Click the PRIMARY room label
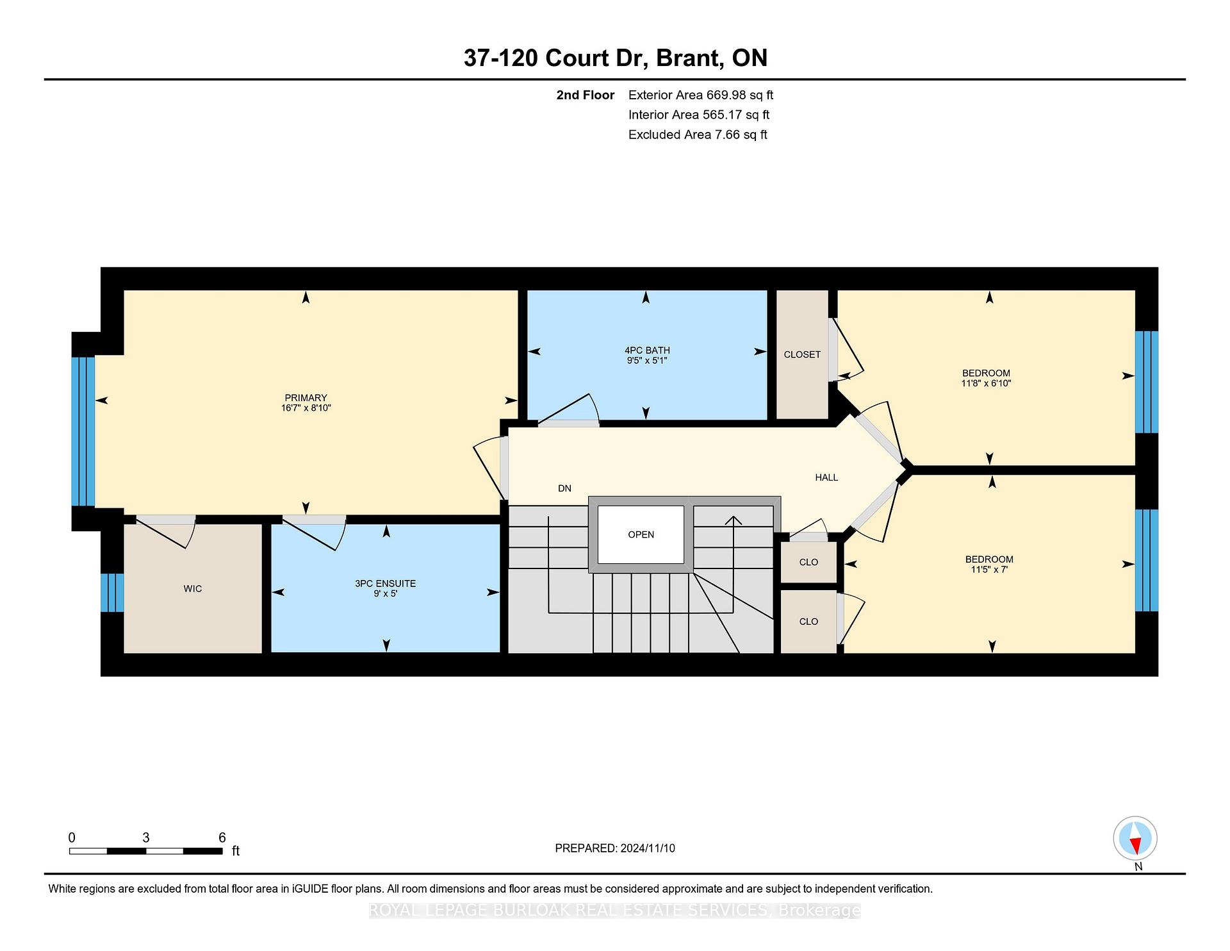click(306, 398)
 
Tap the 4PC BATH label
click(647, 351)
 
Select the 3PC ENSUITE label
click(386, 584)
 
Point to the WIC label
click(193, 589)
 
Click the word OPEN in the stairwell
click(641, 534)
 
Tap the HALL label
click(826, 477)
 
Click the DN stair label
click(564, 488)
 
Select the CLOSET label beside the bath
click(802, 354)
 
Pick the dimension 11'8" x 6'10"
click(986, 384)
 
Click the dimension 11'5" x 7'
click(989, 570)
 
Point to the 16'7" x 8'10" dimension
click(306, 408)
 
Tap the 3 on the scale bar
click(146, 838)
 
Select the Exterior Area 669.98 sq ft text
click(701, 95)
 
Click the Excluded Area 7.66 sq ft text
click(698, 135)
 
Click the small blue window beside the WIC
click(112, 593)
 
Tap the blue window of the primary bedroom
click(83, 432)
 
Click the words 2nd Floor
click(585, 95)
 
